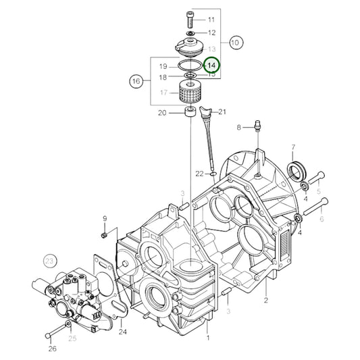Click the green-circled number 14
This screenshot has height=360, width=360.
pos(212,65)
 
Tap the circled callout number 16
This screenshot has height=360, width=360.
pos(136,82)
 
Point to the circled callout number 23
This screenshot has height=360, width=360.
pos(49,260)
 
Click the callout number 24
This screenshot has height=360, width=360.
pos(122,331)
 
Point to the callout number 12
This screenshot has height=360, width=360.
pos(211,32)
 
